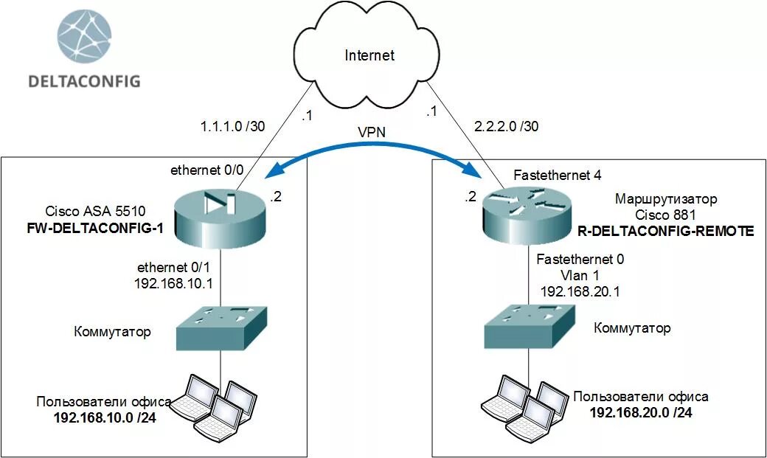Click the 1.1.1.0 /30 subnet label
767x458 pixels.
[x=232, y=126]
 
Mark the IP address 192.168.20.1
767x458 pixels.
[x=580, y=291]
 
